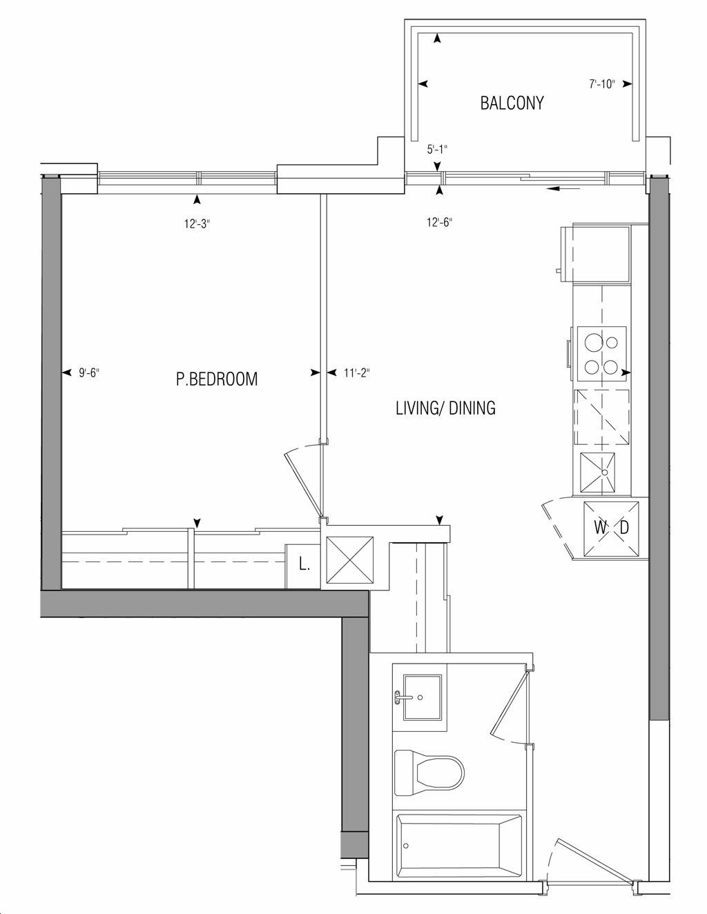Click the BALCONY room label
tap(512, 103)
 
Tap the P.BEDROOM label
tap(217, 379)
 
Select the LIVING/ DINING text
tap(445, 408)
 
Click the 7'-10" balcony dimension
tap(602, 84)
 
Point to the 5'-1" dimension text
tap(437, 149)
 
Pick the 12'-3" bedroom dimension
tap(197, 223)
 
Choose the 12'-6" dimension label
tap(440, 222)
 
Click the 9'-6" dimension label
tap(89, 372)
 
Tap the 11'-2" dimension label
tap(357, 372)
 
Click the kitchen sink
tap(597, 473)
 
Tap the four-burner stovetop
tap(601, 354)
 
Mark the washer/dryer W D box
tap(611, 528)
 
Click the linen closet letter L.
tap(304, 565)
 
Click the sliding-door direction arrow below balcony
tap(563, 189)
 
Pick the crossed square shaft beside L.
tap(350, 560)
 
